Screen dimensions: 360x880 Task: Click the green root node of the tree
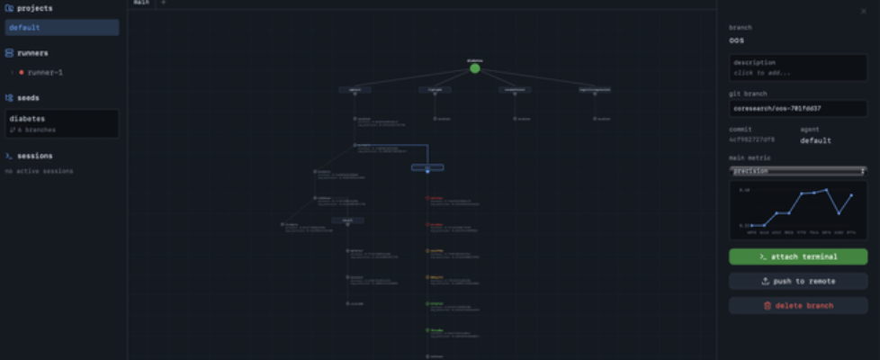pos(475,68)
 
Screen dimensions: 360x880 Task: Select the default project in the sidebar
pos(61,28)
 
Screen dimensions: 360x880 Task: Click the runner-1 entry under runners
pos(45,72)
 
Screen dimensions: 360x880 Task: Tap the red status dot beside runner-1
pos(22,72)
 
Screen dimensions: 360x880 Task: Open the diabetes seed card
pos(61,123)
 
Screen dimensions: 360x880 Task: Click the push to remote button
pos(798,282)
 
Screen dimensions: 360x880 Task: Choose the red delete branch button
pos(798,306)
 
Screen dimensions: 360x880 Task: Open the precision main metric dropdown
pos(798,170)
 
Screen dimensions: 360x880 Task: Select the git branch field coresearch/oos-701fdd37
pos(798,108)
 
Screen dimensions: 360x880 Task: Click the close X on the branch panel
pos(864,11)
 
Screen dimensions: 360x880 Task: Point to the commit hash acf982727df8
pos(751,140)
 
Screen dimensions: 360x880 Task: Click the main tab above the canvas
pos(141,3)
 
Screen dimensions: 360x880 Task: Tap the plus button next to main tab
pos(163,3)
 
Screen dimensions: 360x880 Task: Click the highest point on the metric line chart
pos(827,189)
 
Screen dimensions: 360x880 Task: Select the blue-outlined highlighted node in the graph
pos(427,167)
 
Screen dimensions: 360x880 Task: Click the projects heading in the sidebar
pos(34,8)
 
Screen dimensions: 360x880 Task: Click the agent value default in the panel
pos(815,140)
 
